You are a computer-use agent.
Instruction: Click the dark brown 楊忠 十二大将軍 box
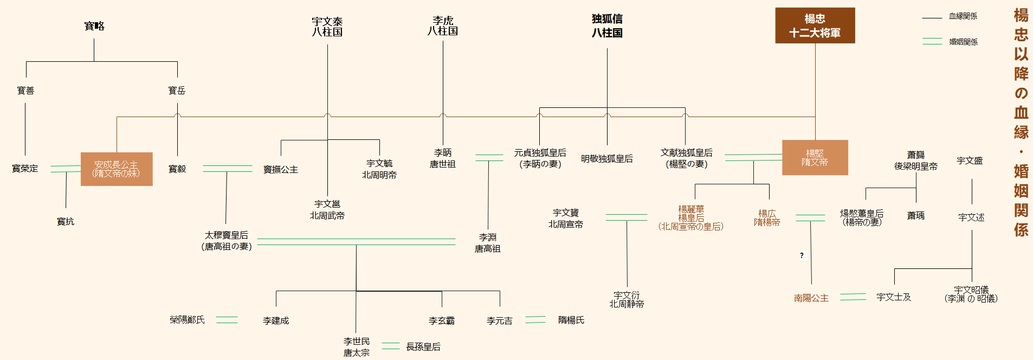[x=815, y=25]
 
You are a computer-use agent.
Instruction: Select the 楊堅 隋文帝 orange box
[x=815, y=158]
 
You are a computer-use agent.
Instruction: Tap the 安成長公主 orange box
[x=117, y=169]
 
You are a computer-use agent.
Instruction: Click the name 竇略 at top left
[x=94, y=26]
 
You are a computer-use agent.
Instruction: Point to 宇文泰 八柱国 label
[x=327, y=27]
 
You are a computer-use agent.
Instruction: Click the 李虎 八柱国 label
[x=443, y=26]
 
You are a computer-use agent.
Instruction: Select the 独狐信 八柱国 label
[x=607, y=26]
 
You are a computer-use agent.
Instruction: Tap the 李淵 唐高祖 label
[x=488, y=243]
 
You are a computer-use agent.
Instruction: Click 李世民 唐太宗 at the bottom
[x=356, y=347]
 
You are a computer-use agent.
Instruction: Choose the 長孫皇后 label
[x=423, y=347]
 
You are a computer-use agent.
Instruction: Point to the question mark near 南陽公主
[x=802, y=255]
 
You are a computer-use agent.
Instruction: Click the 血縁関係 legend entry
[x=963, y=16]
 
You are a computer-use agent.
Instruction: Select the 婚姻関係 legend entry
[x=963, y=42]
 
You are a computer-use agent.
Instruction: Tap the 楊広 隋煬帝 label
[x=767, y=218]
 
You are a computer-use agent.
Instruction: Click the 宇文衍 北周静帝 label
[x=627, y=300]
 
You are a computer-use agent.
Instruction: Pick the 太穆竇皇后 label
[x=227, y=241]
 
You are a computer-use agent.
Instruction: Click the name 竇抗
[x=66, y=222]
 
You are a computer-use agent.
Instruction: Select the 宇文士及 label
[x=894, y=297]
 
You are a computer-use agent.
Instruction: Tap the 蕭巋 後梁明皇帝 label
[x=916, y=160]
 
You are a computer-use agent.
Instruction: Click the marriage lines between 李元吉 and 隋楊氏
[x=535, y=320]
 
